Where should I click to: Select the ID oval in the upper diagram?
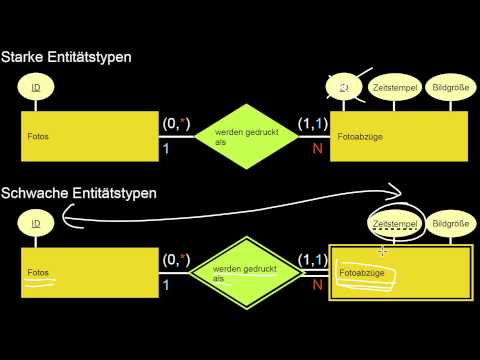tap(36, 89)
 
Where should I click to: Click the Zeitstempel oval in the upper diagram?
tap(392, 89)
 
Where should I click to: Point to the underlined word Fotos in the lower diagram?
tap(39, 272)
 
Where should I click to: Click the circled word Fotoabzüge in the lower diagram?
tap(361, 271)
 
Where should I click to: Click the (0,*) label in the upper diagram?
tap(176, 125)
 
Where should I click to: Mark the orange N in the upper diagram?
tap(318, 148)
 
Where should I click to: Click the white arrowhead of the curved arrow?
tap(393, 191)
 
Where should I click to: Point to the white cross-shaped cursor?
tap(382, 250)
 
